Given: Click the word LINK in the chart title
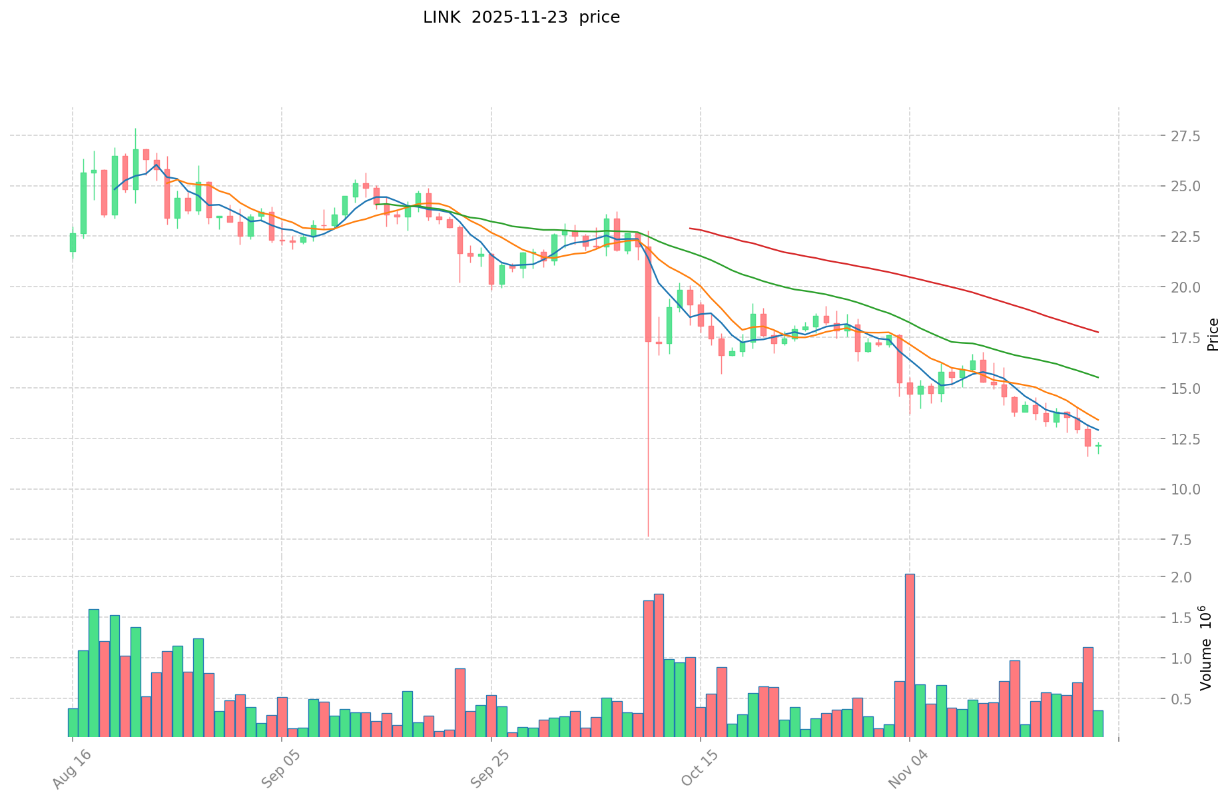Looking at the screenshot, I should click(441, 17).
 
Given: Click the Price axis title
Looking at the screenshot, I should click(1213, 335).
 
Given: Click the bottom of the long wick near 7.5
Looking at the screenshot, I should click(648, 536).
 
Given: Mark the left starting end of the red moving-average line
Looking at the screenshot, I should click(690, 229).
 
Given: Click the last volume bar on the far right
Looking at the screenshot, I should click(1098, 724).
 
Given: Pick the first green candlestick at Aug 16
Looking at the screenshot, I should click(73, 243).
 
